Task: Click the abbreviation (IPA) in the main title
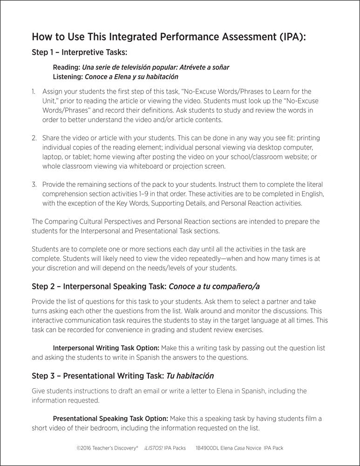click(x=291, y=37)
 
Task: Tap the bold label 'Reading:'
click(x=67, y=67)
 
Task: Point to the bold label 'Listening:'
click(x=68, y=76)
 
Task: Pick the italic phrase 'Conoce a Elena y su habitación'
click(x=132, y=76)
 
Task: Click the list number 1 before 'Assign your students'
click(x=34, y=92)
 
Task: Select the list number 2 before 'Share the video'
click(x=34, y=138)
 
